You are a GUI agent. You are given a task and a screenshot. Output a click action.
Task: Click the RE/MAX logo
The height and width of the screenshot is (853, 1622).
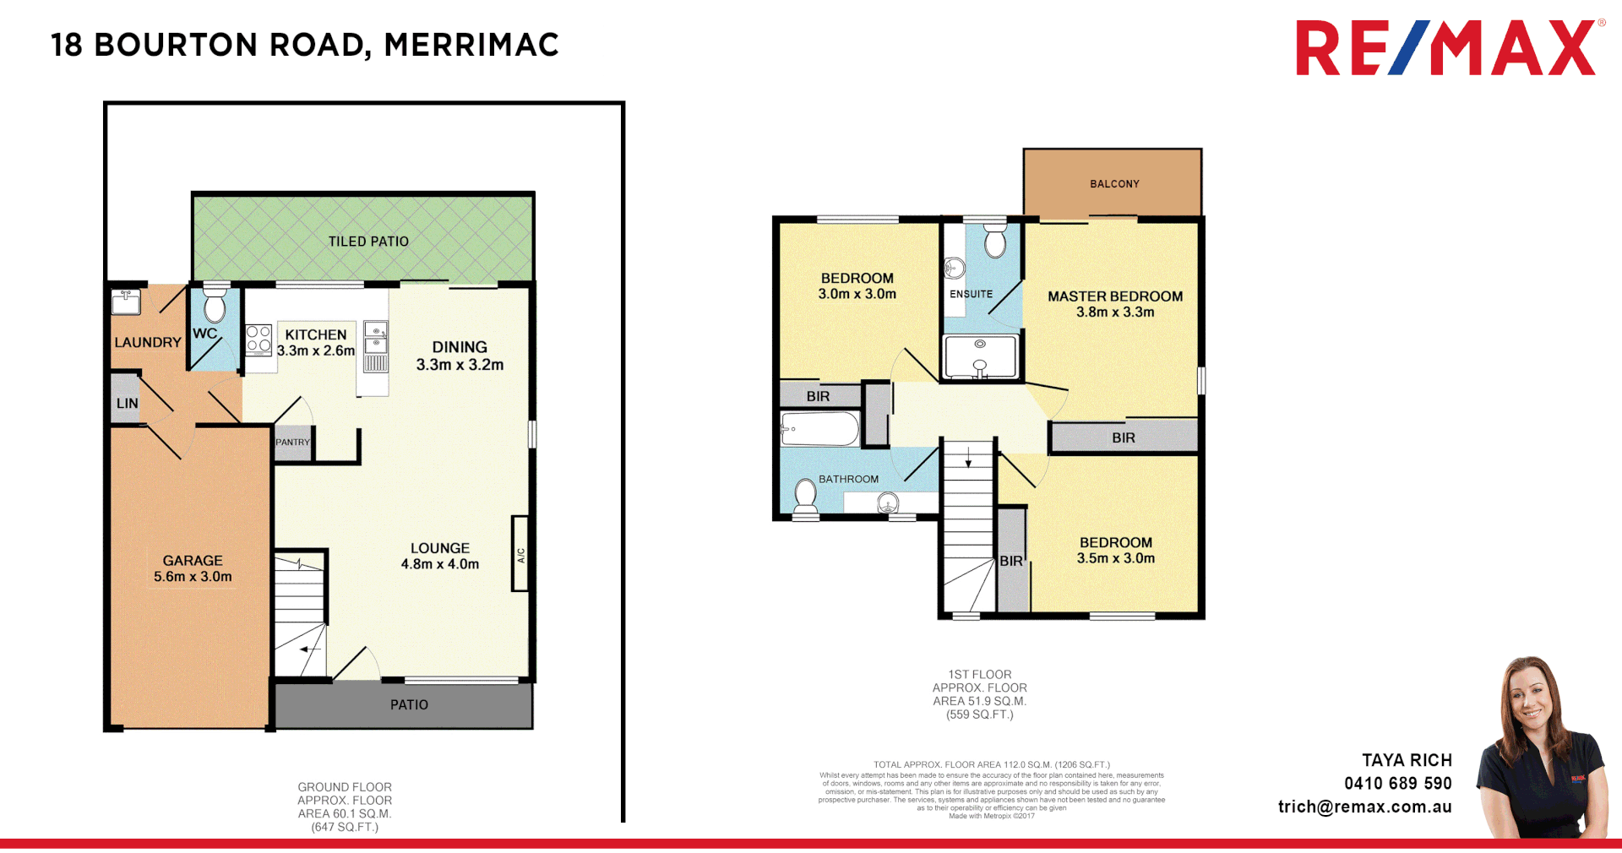click(x=1445, y=49)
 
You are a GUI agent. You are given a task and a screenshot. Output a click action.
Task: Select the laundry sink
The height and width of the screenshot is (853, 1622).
click(x=126, y=301)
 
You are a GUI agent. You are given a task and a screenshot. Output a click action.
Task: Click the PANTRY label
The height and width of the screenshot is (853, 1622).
click(x=292, y=443)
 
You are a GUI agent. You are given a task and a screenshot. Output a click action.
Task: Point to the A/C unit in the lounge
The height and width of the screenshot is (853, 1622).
click(x=520, y=554)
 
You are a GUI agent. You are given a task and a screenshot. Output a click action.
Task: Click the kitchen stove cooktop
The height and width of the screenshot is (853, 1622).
click(x=259, y=339)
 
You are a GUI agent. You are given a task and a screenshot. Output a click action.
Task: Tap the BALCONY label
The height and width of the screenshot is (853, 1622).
click(x=1114, y=184)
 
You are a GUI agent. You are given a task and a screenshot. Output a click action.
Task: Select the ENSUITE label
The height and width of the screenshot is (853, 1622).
click(x=971, y=294)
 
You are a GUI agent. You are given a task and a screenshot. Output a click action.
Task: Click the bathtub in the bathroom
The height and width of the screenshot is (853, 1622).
click(x=819, y=429)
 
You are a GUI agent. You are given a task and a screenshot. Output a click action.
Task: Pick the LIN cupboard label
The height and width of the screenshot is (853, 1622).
click(x=128, y=404)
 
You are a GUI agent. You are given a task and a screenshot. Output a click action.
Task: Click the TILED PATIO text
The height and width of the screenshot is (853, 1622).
click(x=368, y=242)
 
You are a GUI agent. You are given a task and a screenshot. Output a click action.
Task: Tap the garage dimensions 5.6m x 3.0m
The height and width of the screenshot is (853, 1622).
click(x=193, y=577)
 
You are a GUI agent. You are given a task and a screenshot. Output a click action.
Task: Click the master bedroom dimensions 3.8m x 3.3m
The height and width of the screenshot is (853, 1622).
click(x=1114, y=312)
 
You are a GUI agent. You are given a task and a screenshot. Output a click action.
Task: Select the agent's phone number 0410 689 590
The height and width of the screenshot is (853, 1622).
click(x=1397, y=784)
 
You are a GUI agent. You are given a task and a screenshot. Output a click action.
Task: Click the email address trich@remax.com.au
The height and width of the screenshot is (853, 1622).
click(x=1364, y=807)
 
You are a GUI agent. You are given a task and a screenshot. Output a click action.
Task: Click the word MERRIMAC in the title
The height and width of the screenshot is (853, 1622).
click(x=471, y=45)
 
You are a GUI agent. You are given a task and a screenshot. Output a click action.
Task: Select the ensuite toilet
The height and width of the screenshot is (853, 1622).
click(x=995, y=242)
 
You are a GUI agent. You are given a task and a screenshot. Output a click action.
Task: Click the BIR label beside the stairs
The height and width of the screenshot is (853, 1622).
click(x=1011, y=561)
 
